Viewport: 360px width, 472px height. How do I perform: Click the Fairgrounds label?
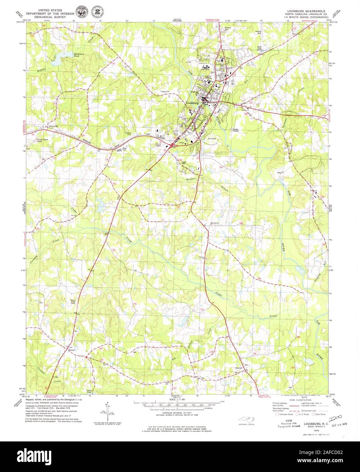(x=165, y=91)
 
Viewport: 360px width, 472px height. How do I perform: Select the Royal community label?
(x=71, y=350)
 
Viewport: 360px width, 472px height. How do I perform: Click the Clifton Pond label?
(x=90, y=391)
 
